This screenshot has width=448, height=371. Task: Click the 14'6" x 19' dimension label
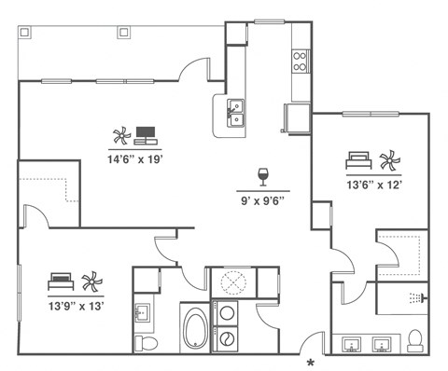click(135, 158)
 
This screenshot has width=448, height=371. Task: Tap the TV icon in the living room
click(146, 134)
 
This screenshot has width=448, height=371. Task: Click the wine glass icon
click(263, 176)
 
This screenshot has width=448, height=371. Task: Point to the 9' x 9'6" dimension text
click(262, 199)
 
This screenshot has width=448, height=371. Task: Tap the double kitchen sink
click(236, 113)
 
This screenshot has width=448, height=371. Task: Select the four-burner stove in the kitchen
click(301, 61)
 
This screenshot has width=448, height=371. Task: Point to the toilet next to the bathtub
click(147, 343)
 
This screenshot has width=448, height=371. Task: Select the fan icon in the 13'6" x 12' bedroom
click(387, 159)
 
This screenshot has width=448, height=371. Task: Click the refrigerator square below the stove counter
click(295, 118)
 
